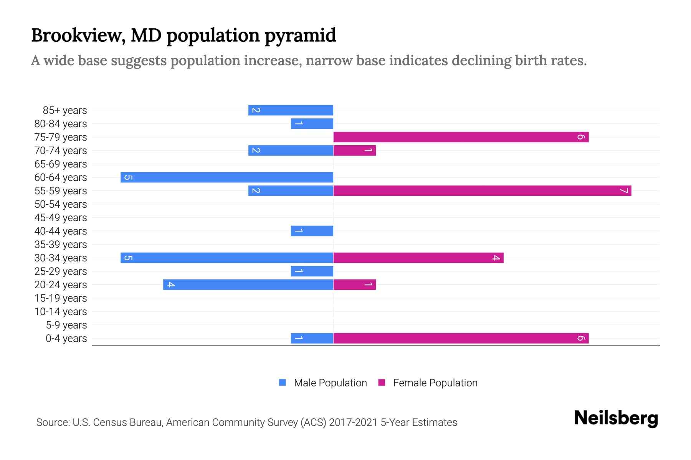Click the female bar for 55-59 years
pos(482,191)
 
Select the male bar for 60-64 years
pos(226,177)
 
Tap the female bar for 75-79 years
pos(461,137)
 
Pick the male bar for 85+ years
pos(291,110)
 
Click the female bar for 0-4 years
pos(461,338)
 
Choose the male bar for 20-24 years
pos(248,284)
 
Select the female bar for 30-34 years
pos(418,258)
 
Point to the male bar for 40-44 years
pos(312,231)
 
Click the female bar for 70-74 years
pos(354,150)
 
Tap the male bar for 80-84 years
pos(312,123)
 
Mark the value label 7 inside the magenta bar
pos(624,191)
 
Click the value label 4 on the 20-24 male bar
pos(171,284)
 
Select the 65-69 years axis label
pos(61,164)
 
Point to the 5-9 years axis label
pos(66,325)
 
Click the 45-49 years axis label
pos(61,217)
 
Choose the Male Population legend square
pos(283,383)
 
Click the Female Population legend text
pos(435,383)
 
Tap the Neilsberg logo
pos(616,418)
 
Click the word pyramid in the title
pos(300,36)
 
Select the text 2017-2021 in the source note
pos(353,422)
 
